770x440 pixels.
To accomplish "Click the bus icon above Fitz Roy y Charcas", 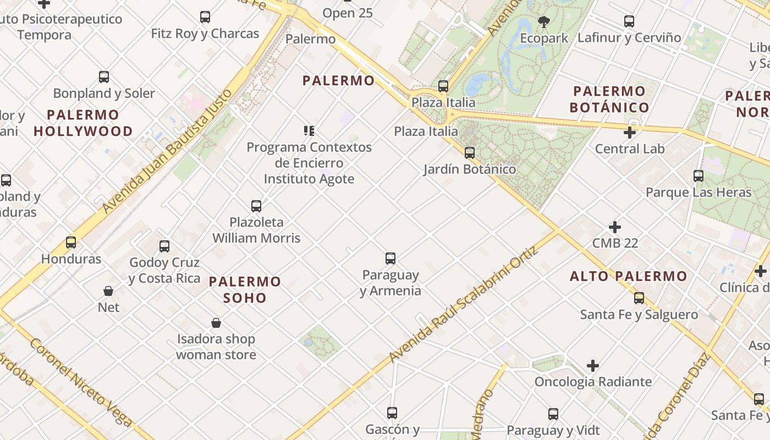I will (x=205, y=17).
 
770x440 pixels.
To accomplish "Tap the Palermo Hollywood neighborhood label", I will (x=83, y=123).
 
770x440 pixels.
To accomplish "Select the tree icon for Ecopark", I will (x=544, y=22).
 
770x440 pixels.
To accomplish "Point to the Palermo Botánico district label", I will (x=609, y=99).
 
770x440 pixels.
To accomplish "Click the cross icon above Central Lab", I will (x=630, y=133).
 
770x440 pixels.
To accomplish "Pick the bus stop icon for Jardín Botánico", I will (x=469, y=153).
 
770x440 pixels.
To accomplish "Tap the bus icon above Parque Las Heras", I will (x=698, y=176).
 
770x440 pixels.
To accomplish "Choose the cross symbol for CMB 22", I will (x=615, y=227).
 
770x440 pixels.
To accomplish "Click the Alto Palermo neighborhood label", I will (x=629, y=276).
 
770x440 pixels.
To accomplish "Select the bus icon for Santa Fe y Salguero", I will (x=639, y=298).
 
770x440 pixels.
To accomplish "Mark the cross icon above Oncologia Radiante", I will (x=592, y=366).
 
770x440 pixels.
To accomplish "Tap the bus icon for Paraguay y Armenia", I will (x=391, y=258).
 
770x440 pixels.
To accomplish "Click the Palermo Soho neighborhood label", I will (x=245, y=290).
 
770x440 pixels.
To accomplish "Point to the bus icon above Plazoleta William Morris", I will (x=256, y=206).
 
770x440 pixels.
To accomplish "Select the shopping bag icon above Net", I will (x=108, y=291).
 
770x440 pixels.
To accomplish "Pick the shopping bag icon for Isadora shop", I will (x=216, y=323).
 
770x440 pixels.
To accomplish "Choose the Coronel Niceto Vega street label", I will (x=80, y=382).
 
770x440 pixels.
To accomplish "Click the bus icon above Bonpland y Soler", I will (x=104, y=77).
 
